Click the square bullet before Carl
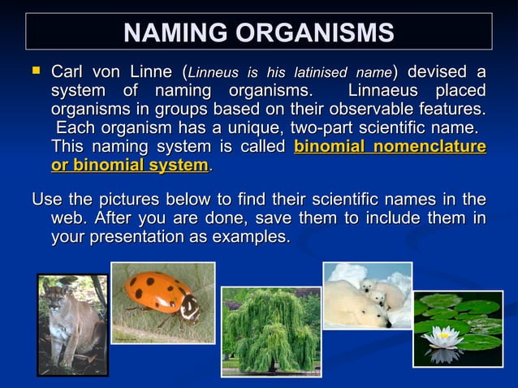pyautogui.click(x=36, y=71)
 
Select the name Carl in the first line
pyautogui.click(x=68, y=72)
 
